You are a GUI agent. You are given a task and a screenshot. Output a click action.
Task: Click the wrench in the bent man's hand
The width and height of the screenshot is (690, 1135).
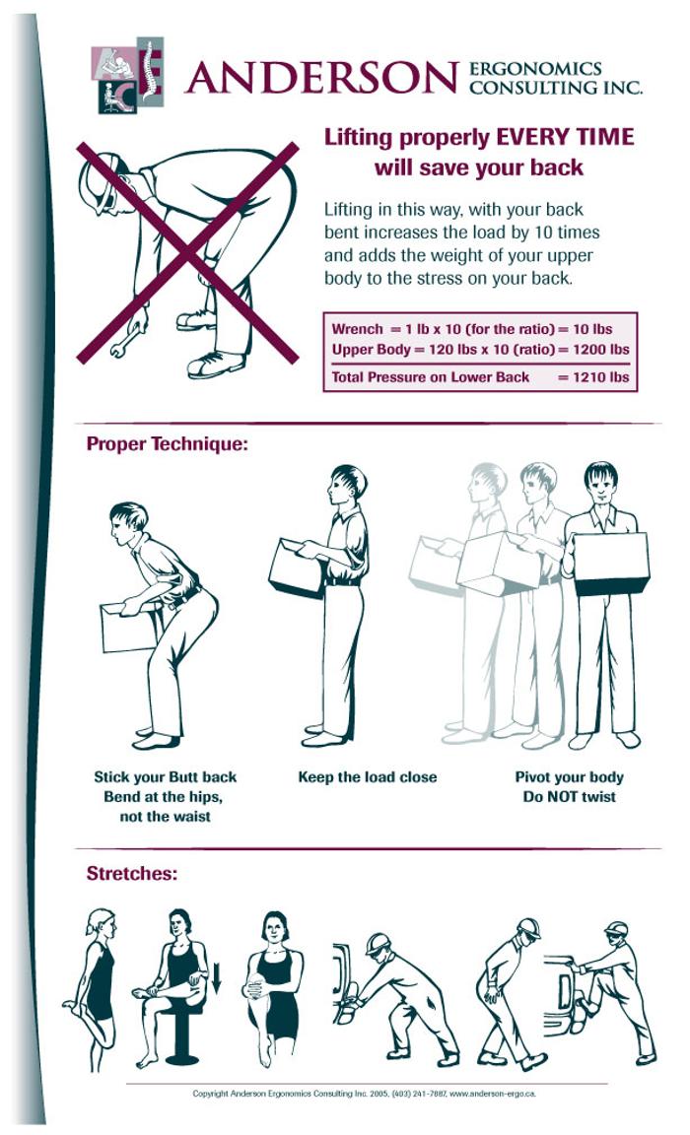pyautogui.click(x=124, y=338)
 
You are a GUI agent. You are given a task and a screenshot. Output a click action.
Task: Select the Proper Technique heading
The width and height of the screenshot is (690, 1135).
pyautogui.click(x=168, y=443)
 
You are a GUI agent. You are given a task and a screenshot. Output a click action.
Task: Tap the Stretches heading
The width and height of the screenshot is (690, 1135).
pyautogui.click(x=132, y=874)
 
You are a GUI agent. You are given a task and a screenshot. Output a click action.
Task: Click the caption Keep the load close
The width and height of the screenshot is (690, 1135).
pyautogui.click(x=367, y=777)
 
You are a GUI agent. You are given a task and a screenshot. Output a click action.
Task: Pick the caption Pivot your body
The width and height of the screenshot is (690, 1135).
pyautogui.click(x=569, y=777)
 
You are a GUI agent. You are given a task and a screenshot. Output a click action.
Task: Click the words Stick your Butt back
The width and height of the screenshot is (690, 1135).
pyautogui.click(x=165, y=777)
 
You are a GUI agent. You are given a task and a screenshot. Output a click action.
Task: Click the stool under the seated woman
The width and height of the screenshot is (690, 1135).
pyautogui.click(x=181, y=1035)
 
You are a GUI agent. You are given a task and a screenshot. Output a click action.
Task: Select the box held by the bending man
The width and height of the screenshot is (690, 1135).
pyautogui.click(x=129, y=627)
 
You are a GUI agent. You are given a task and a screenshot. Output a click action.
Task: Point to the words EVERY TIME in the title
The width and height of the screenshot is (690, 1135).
pyautogui.click(x=564, y=137)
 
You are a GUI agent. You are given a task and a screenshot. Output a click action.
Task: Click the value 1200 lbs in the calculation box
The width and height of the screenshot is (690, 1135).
pyautogui.click(x=600, y=350)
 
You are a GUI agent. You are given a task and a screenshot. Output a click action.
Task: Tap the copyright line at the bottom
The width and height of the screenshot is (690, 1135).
pyautogui.click(x=364, y=1094)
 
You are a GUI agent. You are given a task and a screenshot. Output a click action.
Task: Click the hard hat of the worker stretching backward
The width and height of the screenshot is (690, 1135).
pyautogui.click(x=528, y=927)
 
